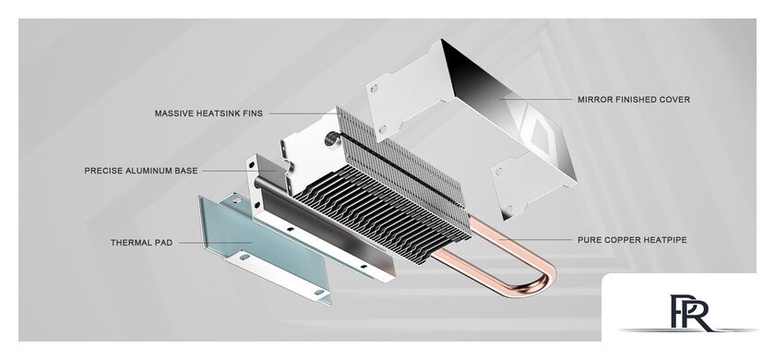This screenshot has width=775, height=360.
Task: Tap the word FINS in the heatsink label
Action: click(251, 114)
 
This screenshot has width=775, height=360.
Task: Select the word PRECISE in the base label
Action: click(102, 171)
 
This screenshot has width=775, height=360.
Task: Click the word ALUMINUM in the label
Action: click(153, 171)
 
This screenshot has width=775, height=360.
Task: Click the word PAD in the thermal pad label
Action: click(164, 243)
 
